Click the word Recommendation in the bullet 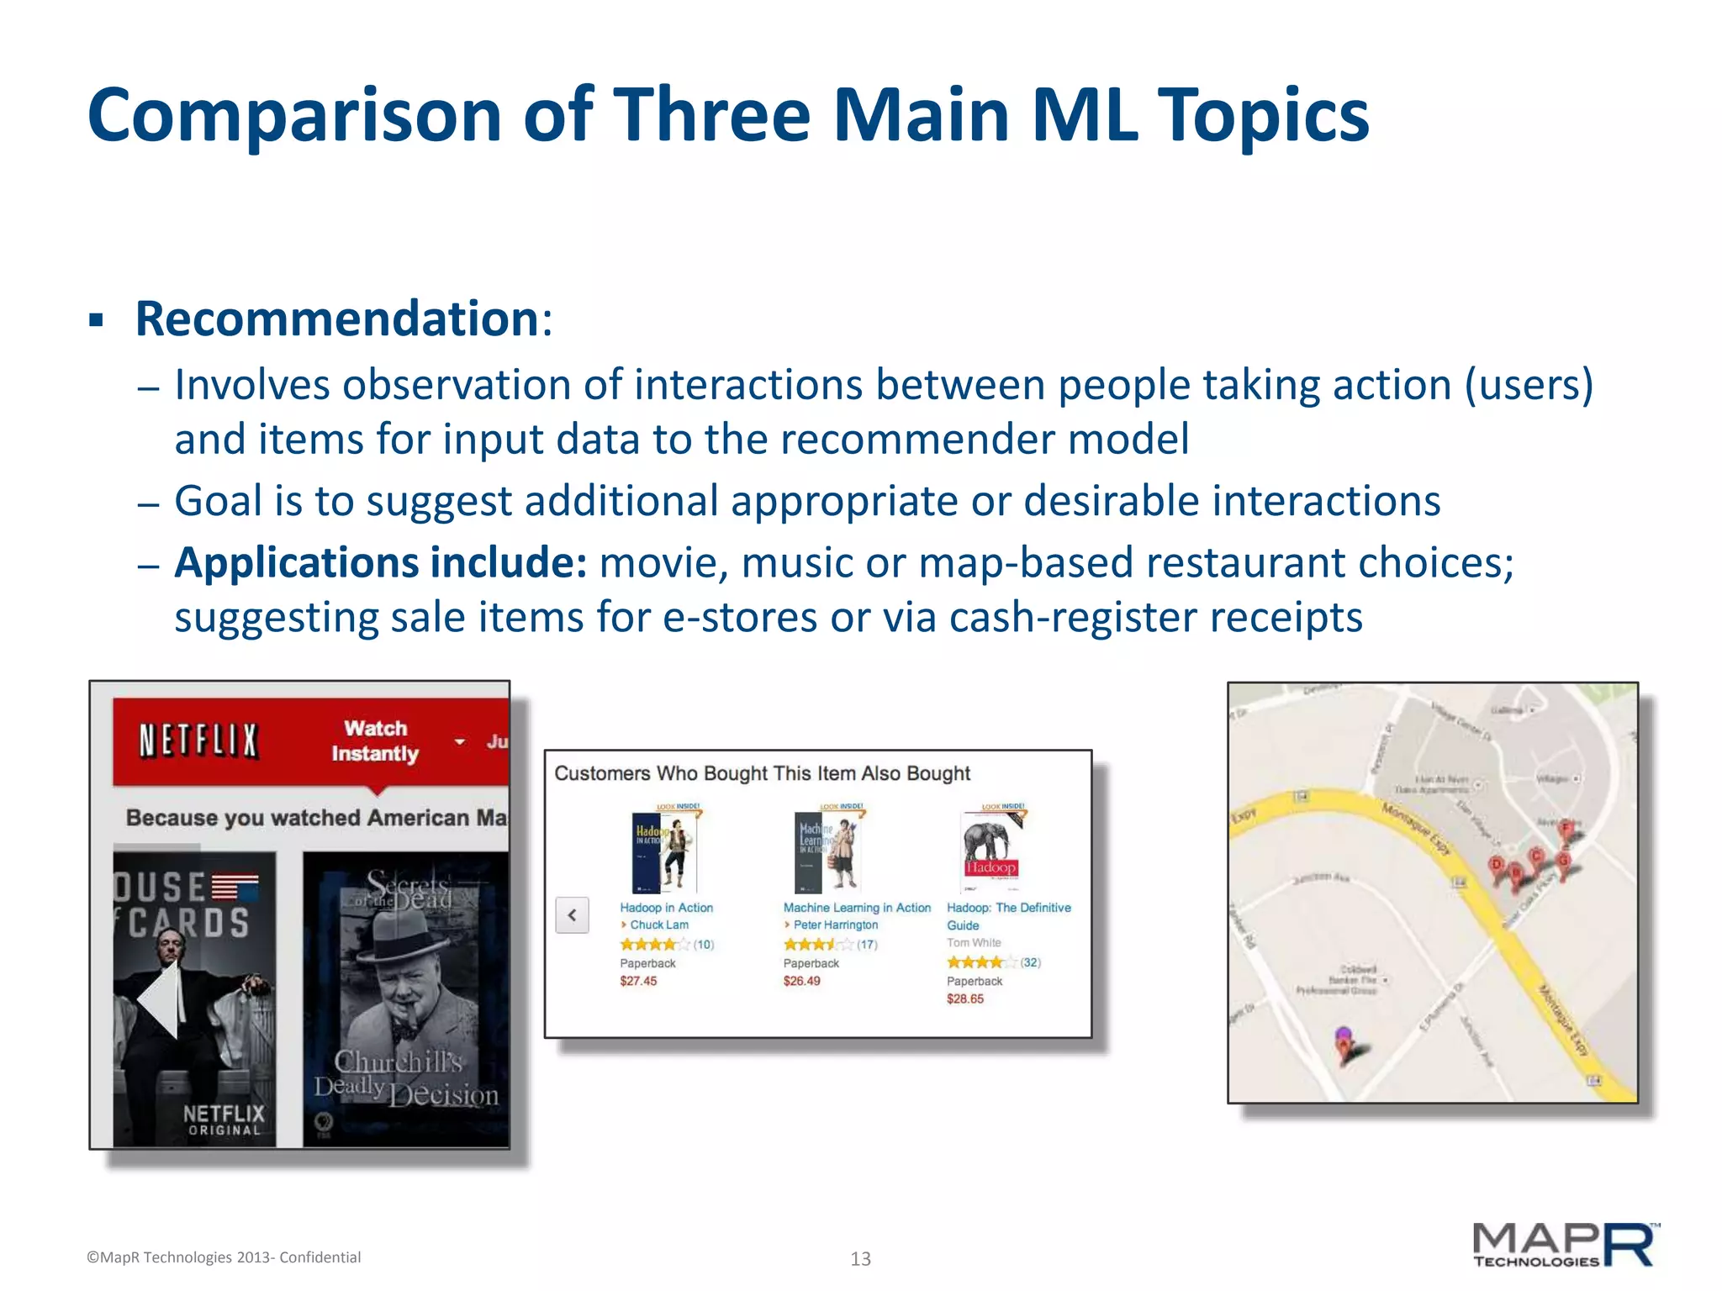coord(336,319)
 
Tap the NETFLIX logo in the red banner coord(198,741)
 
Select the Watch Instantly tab coord(375,740)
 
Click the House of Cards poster coord(194,999)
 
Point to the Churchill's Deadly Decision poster coord(406,999)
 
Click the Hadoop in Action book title coord(666,908)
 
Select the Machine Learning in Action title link coord(857,908)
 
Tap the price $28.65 coord(964,999)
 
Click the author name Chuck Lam coord(659,925)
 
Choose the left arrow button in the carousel coord(572,915)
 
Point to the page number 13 coord(860,1258)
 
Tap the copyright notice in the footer coord(224,1257)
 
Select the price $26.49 coord(801,981)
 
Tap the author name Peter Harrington coord(835,925)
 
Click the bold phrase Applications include coord(380,562)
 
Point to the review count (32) coord(1030,962)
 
